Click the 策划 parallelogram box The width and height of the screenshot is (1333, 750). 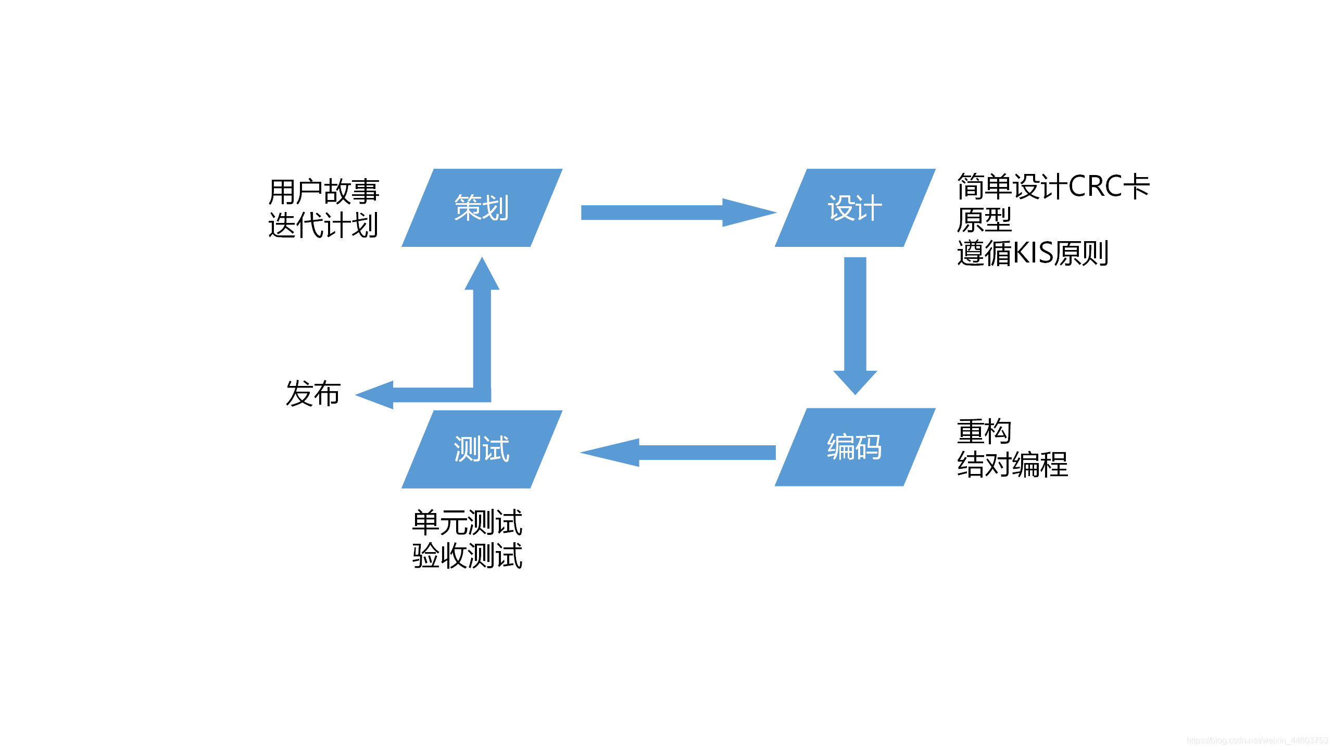pyautogui.click(x=482, y=208)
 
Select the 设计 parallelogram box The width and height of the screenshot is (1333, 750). pyautogui.click(x=854, y=208)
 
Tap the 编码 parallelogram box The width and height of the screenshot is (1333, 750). pyautogui.click(x=854, y=447)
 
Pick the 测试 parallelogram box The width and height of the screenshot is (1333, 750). pyautogui.click(x=482, y=449)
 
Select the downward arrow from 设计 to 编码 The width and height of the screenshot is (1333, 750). pyautogui.click(x=855, y=323)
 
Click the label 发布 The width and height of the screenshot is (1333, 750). pyautogui.click(x=313, y=394)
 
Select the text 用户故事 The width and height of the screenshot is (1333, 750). pyautogui.click(x=323, y=192)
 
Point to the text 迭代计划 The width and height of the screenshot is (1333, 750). pyautogui.click(x=323, y=226)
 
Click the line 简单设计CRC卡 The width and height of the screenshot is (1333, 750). pyautogui.click(x=1053, y=186)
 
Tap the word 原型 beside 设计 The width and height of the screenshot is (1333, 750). pyautogui.click(x=984, y=220)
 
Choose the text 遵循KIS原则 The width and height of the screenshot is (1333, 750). pyautogui.click(x=1033, y=254)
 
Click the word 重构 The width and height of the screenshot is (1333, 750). pyautogui.click(x=984, y=431)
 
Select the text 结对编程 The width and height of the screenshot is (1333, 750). pyautogui.click(x=1012, y=465)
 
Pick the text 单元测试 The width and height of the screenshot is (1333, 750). pyautogui.click(x=467, y=522)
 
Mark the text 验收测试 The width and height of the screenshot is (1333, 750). pyautogui.click(x=467, y=556)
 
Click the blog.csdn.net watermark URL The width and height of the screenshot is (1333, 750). pyautogui.click(x=1257, y=741)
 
